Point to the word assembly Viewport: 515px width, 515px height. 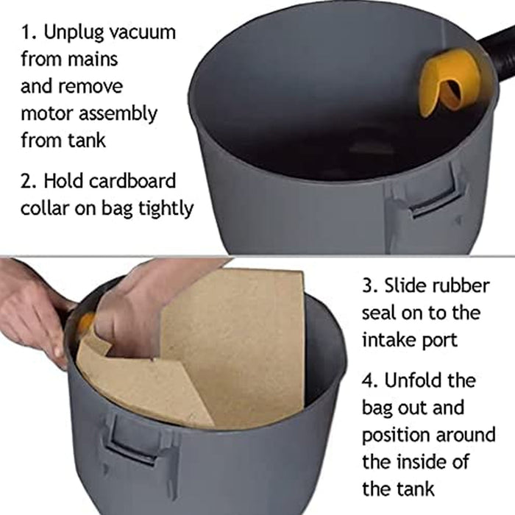tap(118, 114)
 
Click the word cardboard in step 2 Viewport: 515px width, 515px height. tap(132, 181)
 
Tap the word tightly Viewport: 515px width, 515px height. tap(166, 208)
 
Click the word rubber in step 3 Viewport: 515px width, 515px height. tap(461, 285)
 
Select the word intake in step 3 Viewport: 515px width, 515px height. tap(389, 340)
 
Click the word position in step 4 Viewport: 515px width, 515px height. tap(397, 436)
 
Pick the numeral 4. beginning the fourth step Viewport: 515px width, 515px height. tap(371, 381)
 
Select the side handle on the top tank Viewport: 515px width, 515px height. tap(433, 201)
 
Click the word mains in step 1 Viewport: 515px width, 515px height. tap(93, 59)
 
